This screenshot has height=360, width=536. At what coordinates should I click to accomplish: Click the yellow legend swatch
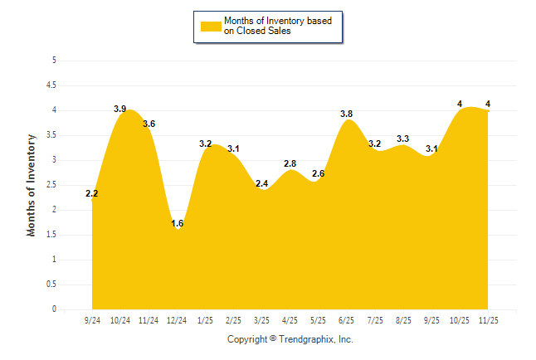[x=211, y=26]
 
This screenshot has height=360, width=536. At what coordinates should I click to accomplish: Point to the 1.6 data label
[x=177, y=224]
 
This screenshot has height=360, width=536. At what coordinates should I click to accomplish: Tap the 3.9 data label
[x=119, y=109]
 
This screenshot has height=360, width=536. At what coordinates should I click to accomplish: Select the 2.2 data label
[x=91, y=194]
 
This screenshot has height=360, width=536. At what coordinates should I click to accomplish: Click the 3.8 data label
[x=346, y=114]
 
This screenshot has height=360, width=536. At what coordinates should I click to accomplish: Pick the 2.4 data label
[x=261, y=184]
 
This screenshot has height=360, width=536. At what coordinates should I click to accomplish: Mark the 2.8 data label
[x=290, y=164]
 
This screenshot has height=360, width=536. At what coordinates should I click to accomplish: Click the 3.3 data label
[x=402, y=139]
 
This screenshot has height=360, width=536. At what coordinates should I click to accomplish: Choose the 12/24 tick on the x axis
[x=177, y=319]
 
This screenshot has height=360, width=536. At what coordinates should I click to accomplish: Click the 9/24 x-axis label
[x=92, y=319]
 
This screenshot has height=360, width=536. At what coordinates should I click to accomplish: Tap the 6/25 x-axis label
[x=347, y=319]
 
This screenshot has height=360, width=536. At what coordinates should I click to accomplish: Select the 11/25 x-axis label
[x=488, y=319]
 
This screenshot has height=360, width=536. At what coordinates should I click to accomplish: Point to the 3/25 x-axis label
[x=262, y=319]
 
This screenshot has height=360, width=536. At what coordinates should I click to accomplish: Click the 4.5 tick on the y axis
[x=51, y=85]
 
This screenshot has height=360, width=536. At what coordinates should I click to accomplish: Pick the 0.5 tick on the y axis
[x=51, y=285]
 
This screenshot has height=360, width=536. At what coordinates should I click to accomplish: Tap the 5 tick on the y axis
[x=54, y=61]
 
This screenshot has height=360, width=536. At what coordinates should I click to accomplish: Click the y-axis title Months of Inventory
[x=32, y=185]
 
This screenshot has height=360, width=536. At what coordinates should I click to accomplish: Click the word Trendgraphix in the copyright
[x=305, y=339]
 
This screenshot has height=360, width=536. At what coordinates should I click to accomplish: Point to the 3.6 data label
[x=149, y=124]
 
